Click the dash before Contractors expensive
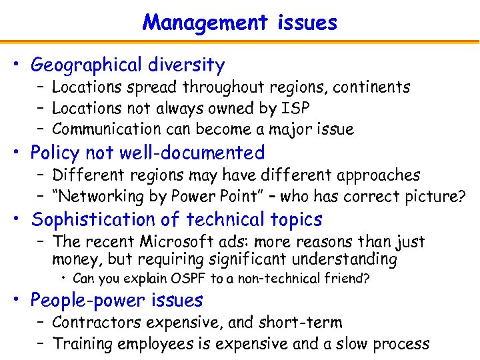click(41, 323)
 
